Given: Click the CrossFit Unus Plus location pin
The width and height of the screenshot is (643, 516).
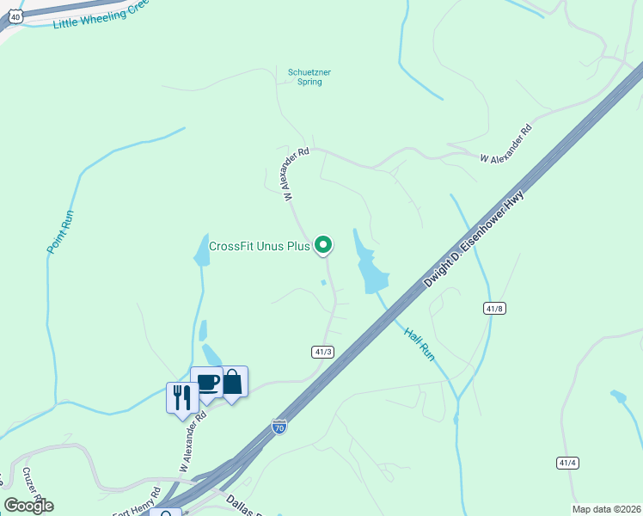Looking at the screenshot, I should [x=323, y=245].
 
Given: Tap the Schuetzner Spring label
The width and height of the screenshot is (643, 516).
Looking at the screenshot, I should [x=304, y=77].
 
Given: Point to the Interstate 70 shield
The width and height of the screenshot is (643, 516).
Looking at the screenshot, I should [x=279, y=426].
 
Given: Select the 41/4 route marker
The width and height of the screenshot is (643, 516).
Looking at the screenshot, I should [x=567, y=463].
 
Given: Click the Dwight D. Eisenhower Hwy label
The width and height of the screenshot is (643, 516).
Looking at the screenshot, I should [x=474, y=240].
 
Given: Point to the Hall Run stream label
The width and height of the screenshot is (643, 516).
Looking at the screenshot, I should [x=418, y=341].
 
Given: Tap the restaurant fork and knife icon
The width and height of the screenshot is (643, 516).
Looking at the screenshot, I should [x=181, y=397].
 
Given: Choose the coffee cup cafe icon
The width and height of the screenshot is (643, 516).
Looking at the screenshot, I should [x=207, y=382].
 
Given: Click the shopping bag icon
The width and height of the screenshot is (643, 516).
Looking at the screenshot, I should [x=233, y=381].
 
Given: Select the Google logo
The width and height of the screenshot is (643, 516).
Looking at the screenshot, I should [x=28, y=506].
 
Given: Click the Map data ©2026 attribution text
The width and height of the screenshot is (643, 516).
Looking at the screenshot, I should [x=607, y=509].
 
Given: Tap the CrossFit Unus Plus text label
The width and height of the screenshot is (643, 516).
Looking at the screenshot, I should [x=259, y=246].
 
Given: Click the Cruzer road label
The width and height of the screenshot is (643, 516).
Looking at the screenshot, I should [x=33, y=487].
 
